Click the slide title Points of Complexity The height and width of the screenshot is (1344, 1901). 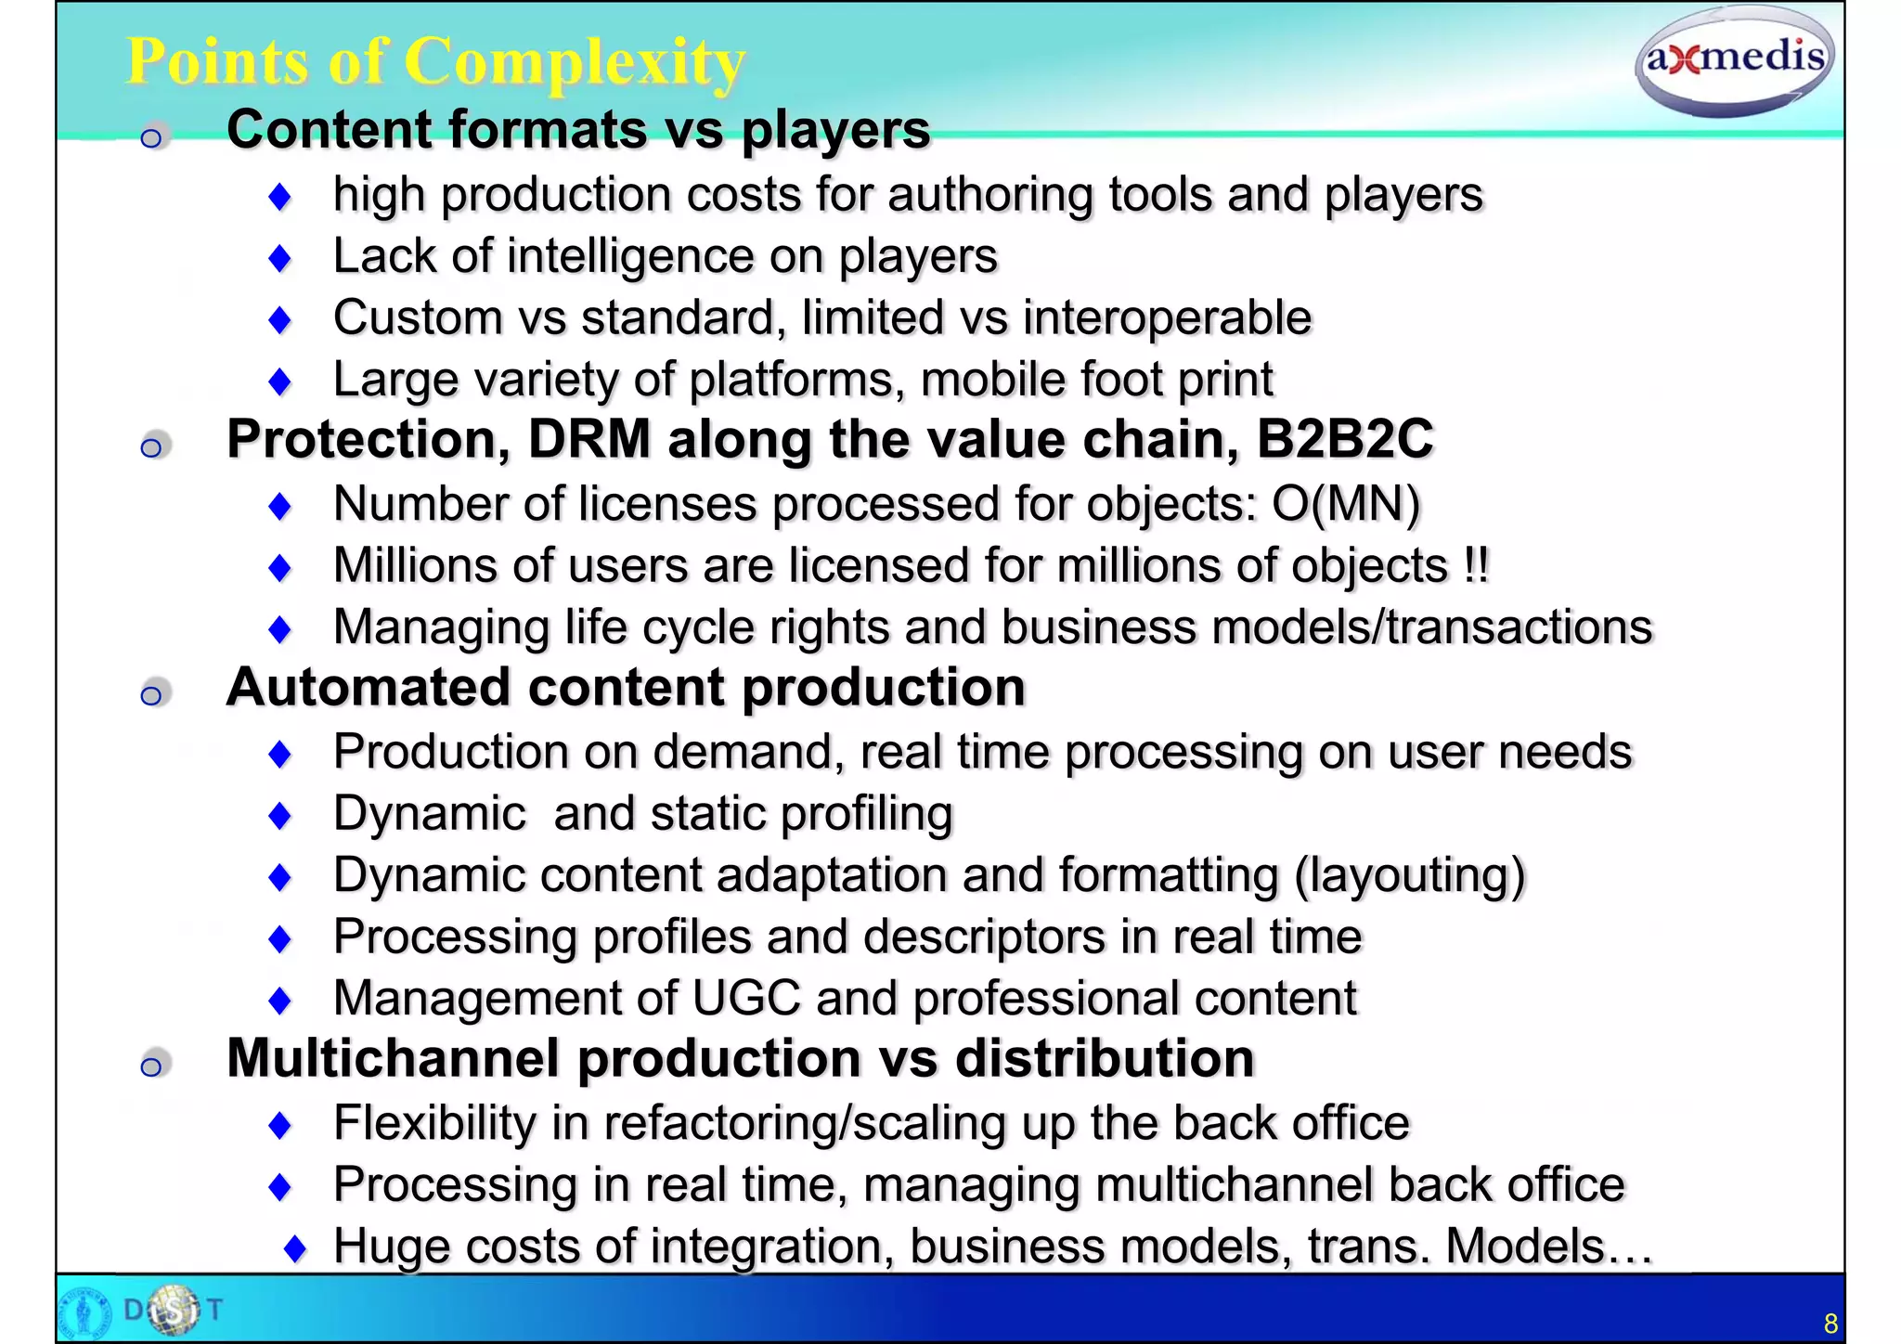(x=435, y=62)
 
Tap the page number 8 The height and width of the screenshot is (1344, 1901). (x=1830, y=1323)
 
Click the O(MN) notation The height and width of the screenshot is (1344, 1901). (x=1346, y=505)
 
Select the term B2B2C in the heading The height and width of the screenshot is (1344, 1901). (x=1345, y=439)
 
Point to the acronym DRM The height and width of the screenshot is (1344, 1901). (x=589, y=439)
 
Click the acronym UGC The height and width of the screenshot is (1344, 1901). (x=745, y=999)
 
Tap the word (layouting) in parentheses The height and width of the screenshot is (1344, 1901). (x=1410, y=875)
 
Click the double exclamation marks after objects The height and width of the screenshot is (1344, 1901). (x=1476, y=565)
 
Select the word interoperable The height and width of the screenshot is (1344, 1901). (x=1167, y=318)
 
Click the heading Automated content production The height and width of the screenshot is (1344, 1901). (x=626, y=688)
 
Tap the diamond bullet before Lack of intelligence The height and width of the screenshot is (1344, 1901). (x=279, y=258)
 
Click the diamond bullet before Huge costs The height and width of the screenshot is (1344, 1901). (x=295, y=1248)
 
